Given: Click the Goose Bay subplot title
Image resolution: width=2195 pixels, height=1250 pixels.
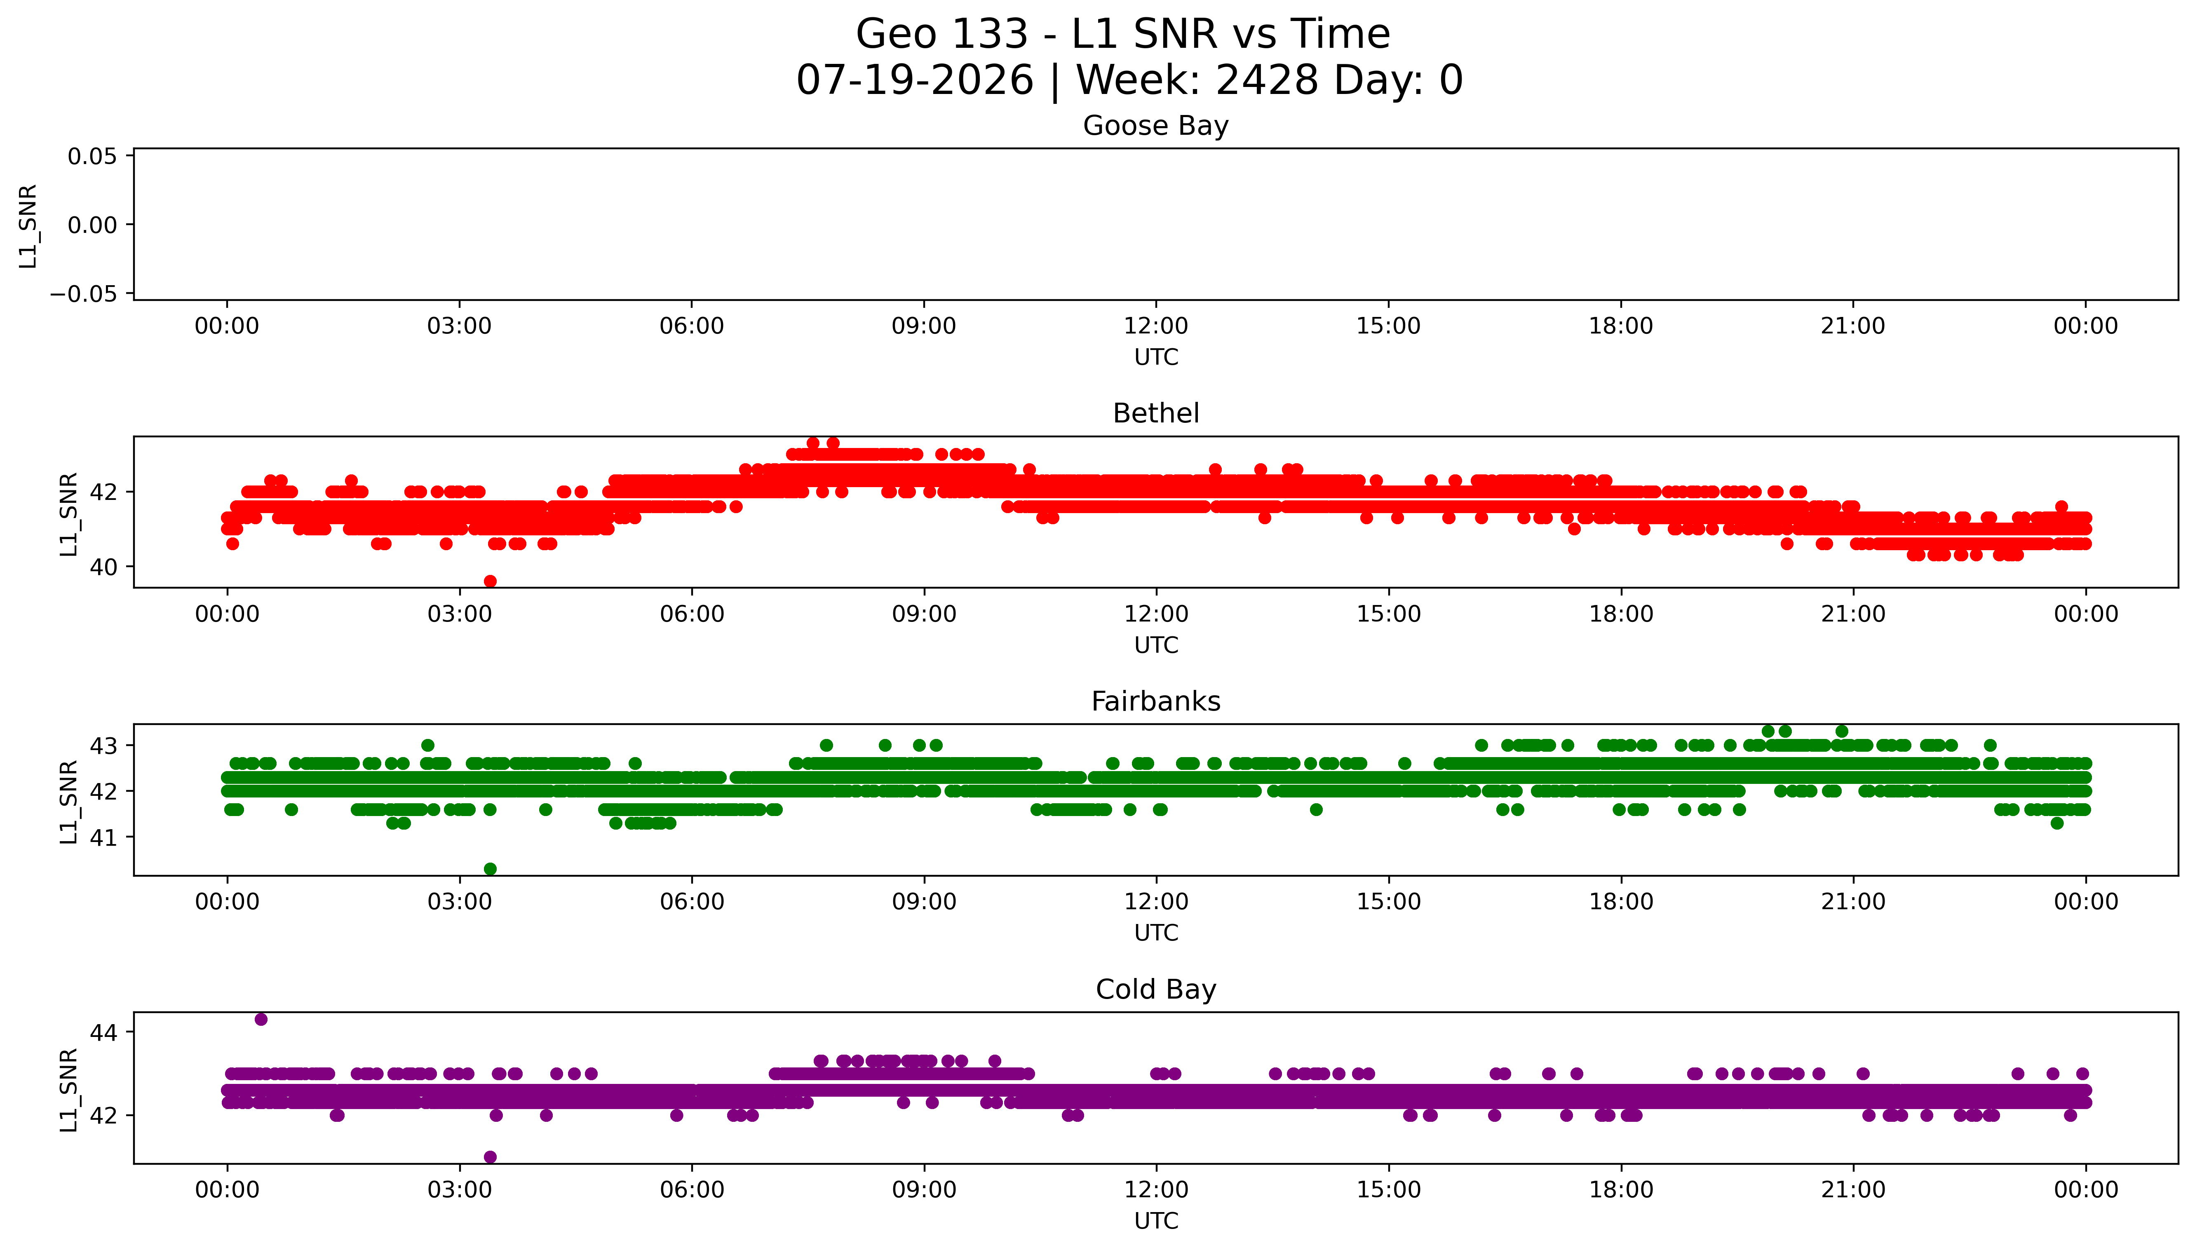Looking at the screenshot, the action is [x=1155, y=126].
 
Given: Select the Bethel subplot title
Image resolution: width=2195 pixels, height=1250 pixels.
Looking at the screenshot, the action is [x=1155, y=414].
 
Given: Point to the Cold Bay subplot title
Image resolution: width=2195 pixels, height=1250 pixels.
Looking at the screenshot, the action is [x=1155, y=990].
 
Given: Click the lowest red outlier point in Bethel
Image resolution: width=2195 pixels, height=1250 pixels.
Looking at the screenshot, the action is [x=490, y=581].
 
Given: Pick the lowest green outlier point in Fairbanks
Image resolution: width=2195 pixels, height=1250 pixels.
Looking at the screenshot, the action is [x=490, y=869].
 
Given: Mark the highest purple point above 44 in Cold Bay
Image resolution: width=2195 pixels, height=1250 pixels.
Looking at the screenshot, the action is [x=261, y=1019].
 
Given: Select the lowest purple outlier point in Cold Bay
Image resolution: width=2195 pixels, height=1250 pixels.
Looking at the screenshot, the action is [x=490, y=1156].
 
